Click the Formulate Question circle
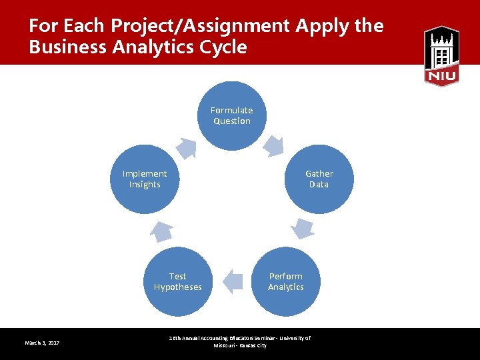click(232, 115)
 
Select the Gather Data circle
click(319, 179)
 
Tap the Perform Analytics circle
click(285, 281)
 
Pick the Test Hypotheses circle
click(177, 281)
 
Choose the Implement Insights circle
click(145, 179)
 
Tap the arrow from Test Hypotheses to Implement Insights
click(161, 231)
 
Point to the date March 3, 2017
click(42, 343)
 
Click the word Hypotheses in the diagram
click(177, 287)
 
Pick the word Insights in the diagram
click(145, 185)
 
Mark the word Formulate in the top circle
click(232, 110)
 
